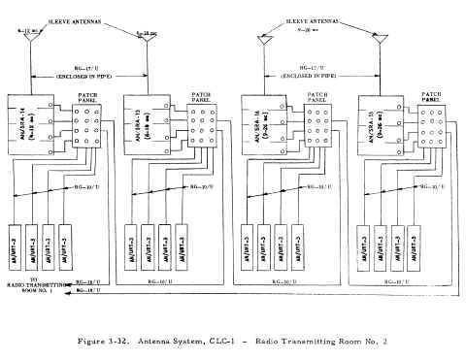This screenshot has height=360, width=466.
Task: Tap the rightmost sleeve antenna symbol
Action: click(x=376, y=41)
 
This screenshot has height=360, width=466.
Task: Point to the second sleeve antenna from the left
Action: click(x=146, y=41)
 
